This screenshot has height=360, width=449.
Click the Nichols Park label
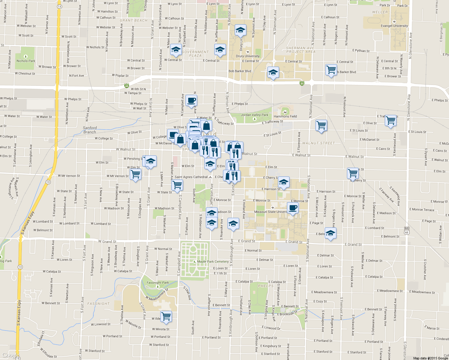coord(26,61)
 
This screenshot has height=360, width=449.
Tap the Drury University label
coord(248,56)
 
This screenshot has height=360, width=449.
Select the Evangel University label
coord(394,26)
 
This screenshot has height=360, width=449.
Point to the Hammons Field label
coord(285,116)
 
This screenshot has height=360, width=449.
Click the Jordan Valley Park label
coord(255,115)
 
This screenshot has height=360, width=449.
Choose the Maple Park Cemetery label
coord(213,262)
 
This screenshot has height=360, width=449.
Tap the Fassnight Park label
coord(158,283)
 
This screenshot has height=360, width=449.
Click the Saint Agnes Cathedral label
coord(191,177)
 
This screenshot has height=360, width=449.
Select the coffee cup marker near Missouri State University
coord(293,208)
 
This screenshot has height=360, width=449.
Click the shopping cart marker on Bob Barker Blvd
coord(331,70)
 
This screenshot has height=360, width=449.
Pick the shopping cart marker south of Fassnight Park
coord(166,316)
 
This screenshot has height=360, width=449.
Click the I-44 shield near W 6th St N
coord(127,86)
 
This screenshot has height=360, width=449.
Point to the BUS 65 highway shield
coord(407,230)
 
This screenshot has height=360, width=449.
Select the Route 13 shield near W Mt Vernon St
coord(48,182)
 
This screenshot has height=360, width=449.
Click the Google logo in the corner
coord(10,355)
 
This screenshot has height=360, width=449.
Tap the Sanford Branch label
coord(90,130)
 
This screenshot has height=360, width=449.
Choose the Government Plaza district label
coord(195,54)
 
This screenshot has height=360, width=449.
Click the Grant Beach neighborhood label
coord(134,21)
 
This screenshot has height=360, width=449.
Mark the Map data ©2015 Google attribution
coord(430,358)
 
